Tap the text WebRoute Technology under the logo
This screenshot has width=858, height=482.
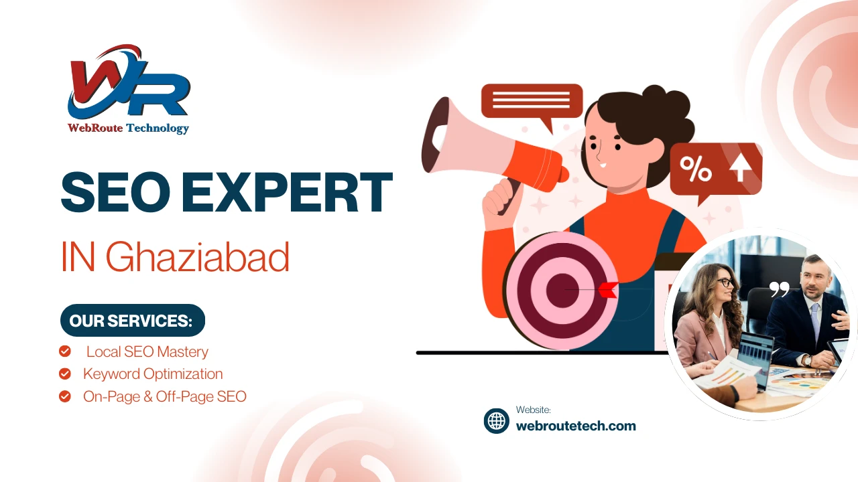[x=128, y=128]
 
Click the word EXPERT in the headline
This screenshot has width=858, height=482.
[x=287, y=193]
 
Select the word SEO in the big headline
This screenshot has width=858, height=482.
[x=115, y=193]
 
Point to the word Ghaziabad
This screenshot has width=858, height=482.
[x=197, y=258]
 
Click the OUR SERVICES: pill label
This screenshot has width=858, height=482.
[x=132, y=321]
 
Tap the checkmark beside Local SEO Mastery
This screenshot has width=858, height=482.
[x=65, y=351]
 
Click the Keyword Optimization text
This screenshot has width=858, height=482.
[x=153, y=374]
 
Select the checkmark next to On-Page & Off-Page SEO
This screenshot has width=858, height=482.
[x=65, y=396]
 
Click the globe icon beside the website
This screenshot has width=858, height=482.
[x=497, y=420]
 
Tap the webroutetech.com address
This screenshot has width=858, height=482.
[x=576, y=426]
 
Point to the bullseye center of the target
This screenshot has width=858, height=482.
[x=561, y=290]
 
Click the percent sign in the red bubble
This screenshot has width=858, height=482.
[x=696, y=168]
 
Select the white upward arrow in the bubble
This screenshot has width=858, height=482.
[x=740, y=167]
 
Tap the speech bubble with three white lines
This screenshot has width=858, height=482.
[x=532, y=101]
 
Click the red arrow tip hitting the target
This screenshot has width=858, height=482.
[x=608, y=290]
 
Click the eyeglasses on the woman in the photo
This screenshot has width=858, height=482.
[x=724, y=282]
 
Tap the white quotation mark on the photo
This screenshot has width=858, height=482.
[x=779, y=289]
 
